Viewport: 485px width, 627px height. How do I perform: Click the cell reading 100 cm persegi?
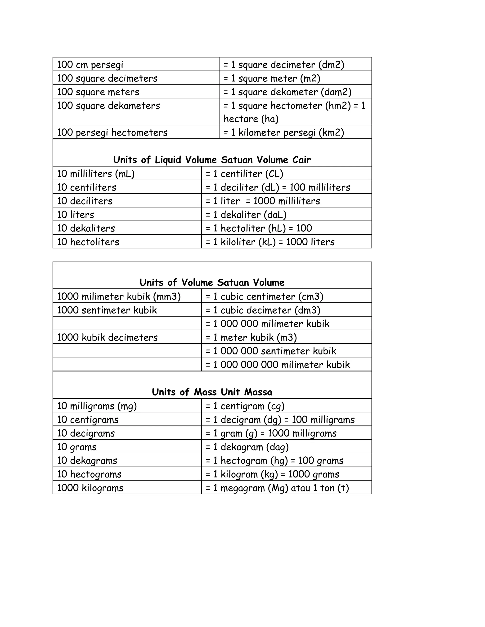(x=90, y=65)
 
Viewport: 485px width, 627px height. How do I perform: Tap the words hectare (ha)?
(x=251, y=119)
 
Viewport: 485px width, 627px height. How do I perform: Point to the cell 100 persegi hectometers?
(x=112, y=133)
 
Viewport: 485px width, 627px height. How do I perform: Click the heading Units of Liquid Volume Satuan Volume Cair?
(x=212, y=160)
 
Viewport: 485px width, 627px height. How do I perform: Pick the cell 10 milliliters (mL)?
(x=96, y=174)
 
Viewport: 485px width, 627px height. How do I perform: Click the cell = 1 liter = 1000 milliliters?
(x=263, y=201)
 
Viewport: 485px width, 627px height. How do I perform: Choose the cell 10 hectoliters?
(x=88, y=242)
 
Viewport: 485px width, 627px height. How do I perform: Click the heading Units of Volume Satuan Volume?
(x=212, y=283)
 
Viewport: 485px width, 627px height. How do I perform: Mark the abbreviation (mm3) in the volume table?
(x=167, y=296)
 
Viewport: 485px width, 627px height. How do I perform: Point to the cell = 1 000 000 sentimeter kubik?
(x=271, y=351)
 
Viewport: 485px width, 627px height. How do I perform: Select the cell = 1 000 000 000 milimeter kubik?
(x=278, y=365)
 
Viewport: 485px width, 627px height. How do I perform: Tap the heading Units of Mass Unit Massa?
(x=212, y=392)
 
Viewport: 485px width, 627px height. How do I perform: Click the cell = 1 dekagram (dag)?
(x=247, y=447)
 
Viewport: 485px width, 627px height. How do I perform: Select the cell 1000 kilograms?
(x=90, y=488)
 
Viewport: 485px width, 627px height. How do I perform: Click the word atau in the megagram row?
(x=301, y=488)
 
